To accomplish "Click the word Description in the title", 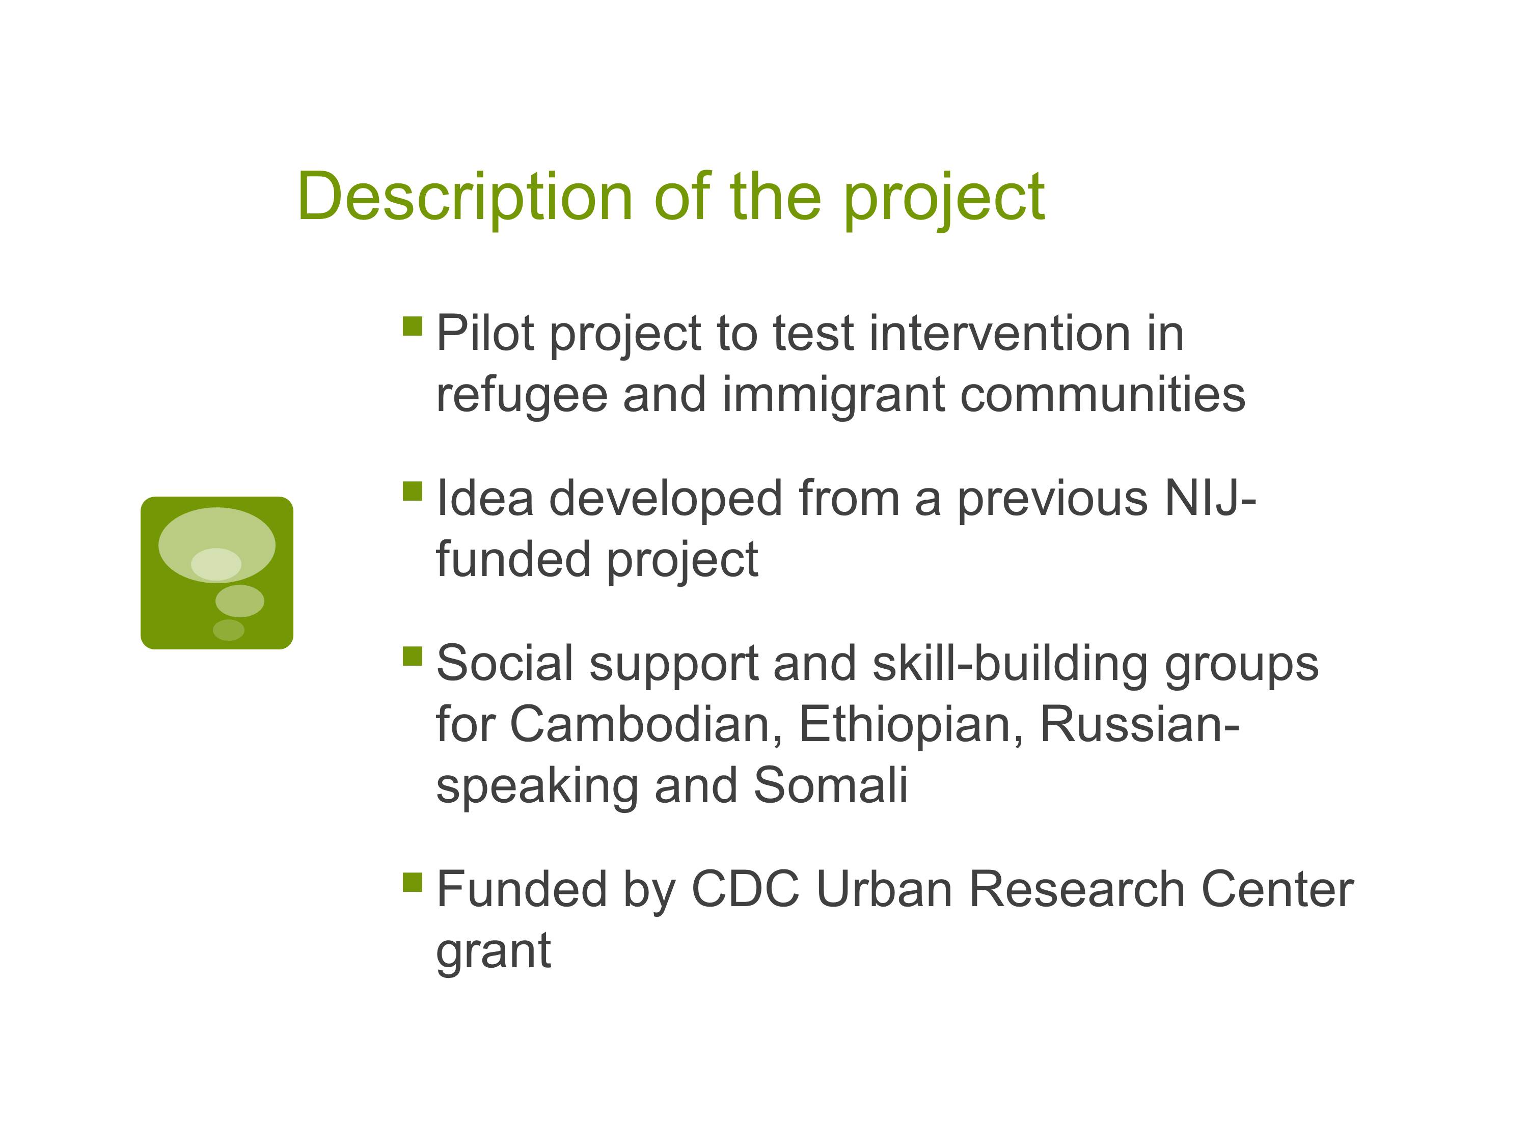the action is [x=465, y=198].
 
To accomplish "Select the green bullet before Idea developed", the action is [x=413, y=491].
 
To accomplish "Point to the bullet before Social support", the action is [x=413, y=656].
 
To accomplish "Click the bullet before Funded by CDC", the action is [x=413, y=882].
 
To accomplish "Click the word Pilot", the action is [x=485, y=334].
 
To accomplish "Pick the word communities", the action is [x=1103, y=395].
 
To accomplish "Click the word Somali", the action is [x=830, y=786].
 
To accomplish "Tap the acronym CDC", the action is [x=745, y=889].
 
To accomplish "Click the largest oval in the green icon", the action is [x=217, y=545].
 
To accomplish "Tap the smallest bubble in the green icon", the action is [x=229, y=630].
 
